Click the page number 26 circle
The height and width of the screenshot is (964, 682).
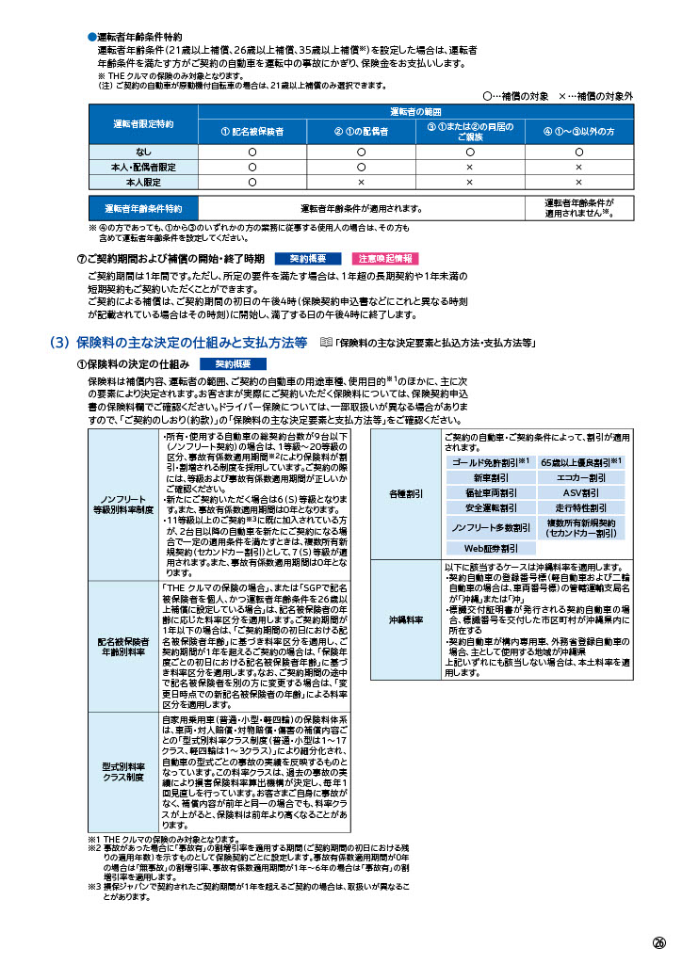(658, 942)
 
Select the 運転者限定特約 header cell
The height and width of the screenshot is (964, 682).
(142, 123)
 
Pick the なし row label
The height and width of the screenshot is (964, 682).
(142, 151)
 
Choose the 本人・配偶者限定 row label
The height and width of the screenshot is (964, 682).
(142, 167)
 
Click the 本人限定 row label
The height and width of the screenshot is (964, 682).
(142, 182)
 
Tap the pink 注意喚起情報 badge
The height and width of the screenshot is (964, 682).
(384, 258)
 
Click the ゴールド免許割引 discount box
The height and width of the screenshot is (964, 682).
(487, 462)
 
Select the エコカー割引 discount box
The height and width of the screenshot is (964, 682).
(580, 477)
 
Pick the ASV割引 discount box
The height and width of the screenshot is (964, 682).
(580, 492)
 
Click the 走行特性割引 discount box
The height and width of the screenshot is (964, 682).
(580, 507)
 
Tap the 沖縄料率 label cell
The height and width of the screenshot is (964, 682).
(405, 620)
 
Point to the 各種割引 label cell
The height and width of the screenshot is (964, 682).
(405, 493)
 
